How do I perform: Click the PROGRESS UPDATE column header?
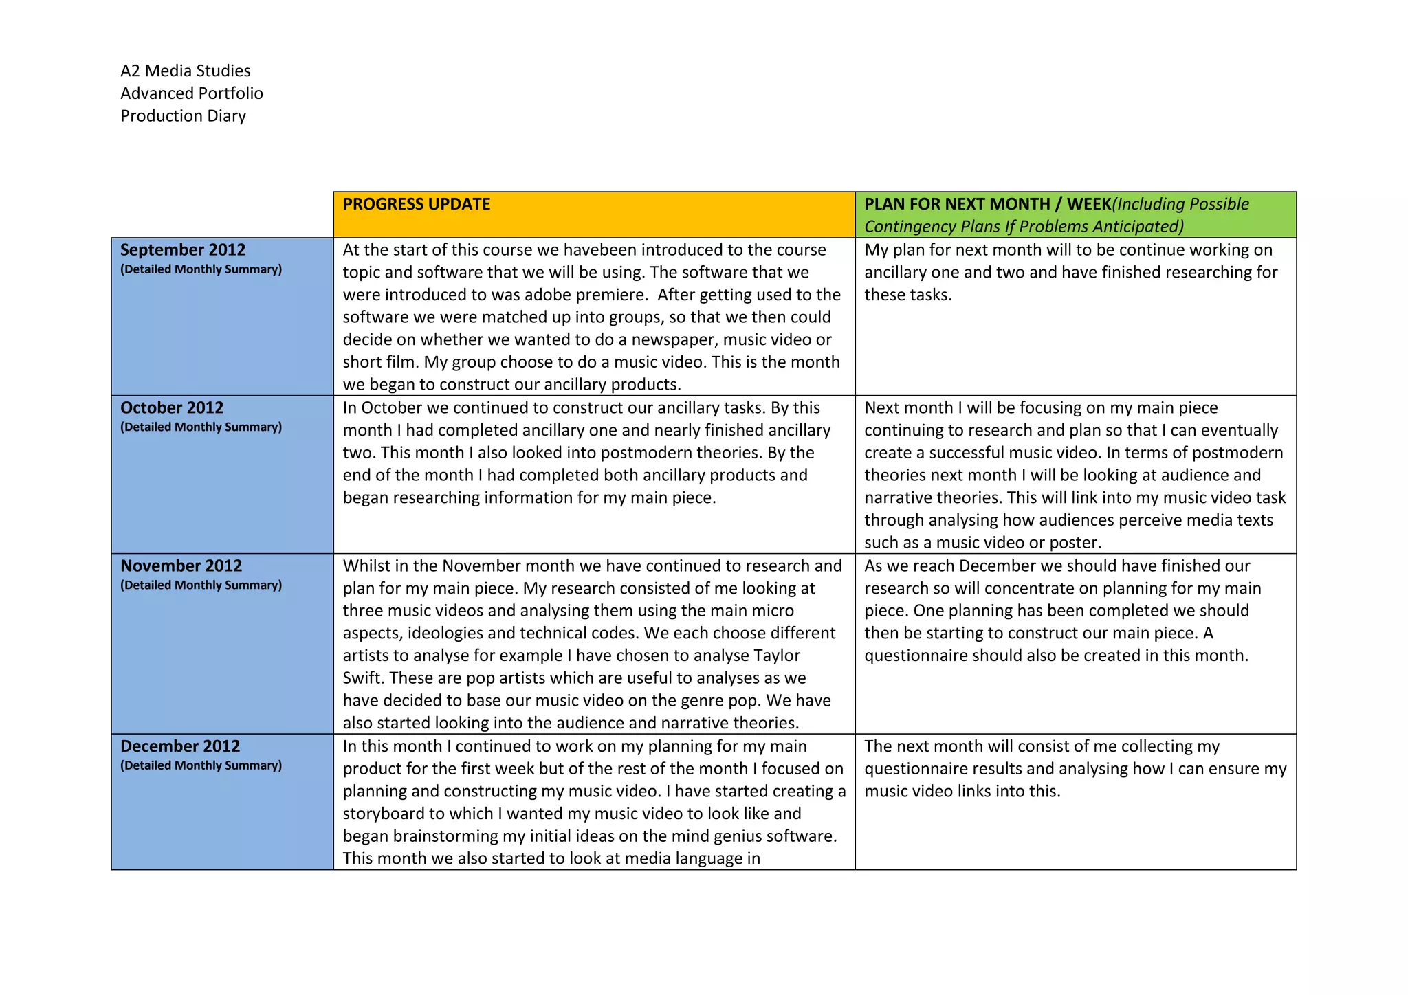pyautogui.click(x=416, y=204)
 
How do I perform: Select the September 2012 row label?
pyautogui.click(x=183, y=249)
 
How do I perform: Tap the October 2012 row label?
pyautogui.click(x=172, y=407)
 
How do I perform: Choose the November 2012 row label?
pyautogui.click(x=181, y=566)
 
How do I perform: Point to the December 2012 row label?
pyautogui.click(x=180, y=746)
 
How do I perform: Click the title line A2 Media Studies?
pyautogui.click(x=186, y=71)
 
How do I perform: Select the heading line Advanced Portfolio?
pyautogui.click(x=192, y=93)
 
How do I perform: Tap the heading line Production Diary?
pyautogui.click(x=183, y=115)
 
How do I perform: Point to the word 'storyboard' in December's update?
pyautogui.click(x=382, y=814)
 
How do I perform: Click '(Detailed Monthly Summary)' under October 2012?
pyautogui.click(x=201, y=427)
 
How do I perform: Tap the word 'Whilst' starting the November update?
pyautogui.click(x=366, y=566)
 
